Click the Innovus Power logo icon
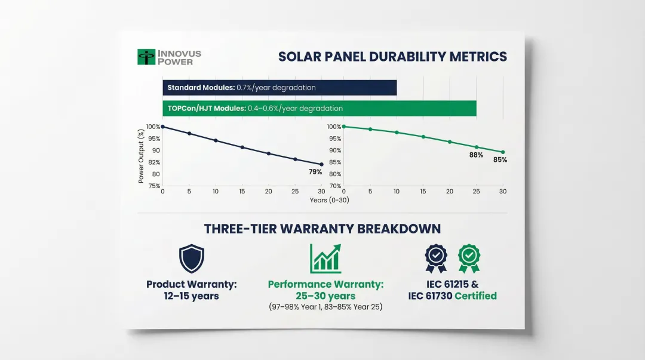coord(146,57)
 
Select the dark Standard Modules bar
coord(279,88)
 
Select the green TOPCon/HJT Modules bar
coord(320,108)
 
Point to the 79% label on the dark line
coord(315,172)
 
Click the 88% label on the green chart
coord(476,155)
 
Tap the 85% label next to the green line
coord(500,160)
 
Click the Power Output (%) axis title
coord(141,156)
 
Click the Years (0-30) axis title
coord(330,201)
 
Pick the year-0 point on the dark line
coord(163,127)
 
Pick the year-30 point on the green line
coord(503,152)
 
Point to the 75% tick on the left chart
coord(154,186)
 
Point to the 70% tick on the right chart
coord(335,186)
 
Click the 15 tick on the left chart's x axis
coord(242,192)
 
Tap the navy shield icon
coord(192,259)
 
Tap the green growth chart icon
coord(325,259)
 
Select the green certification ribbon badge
coord(469,259)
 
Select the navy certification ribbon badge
coord(436,259)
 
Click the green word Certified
coord(475,296)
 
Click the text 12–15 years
coord(191,296)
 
